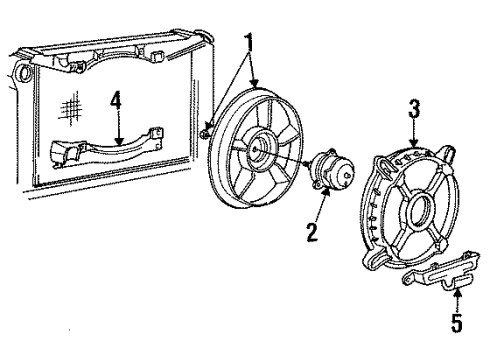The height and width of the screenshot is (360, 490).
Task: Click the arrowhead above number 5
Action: [458, 294]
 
